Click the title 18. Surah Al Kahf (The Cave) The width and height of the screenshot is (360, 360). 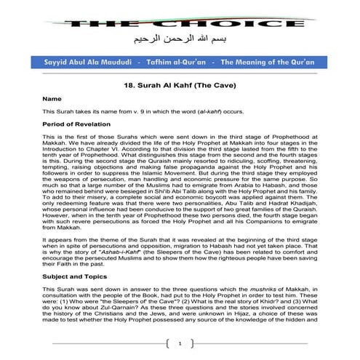click(x=180, y=84)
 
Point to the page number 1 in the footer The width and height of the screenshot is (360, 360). click(x=180, y=343)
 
